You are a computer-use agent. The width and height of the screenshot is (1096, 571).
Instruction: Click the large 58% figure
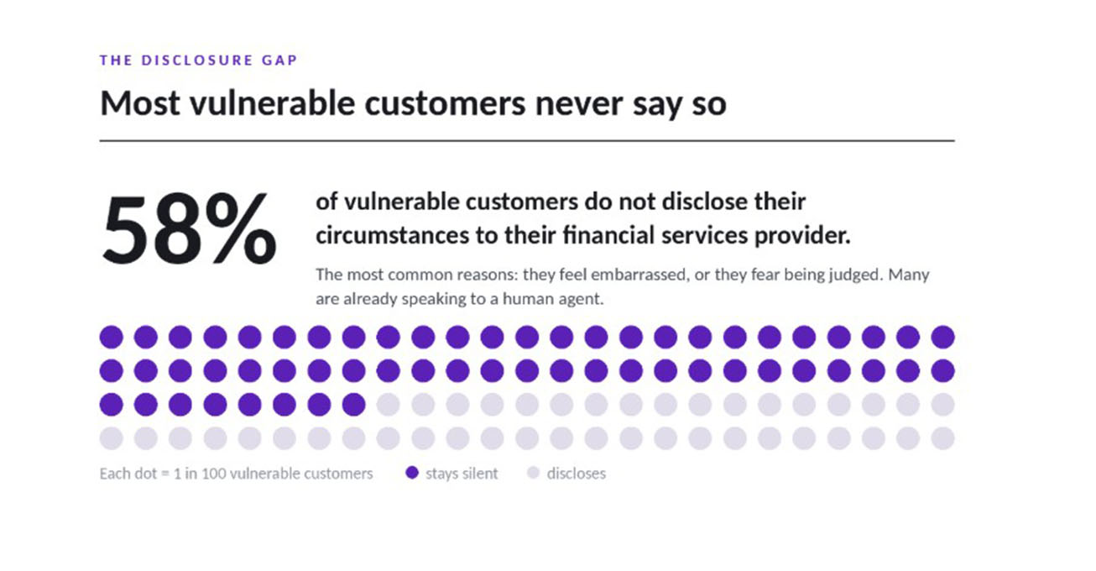pyautogui.click(x=189, y=228)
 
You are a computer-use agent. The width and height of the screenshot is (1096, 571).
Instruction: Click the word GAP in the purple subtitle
pyautogui.click(x=279, y=60)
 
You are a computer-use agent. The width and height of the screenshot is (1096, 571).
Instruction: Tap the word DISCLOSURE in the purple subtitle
pyautogui.click(x=197, y=60)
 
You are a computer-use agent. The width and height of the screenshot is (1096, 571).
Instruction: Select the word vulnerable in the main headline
pyautogui.click(x=272, y=104)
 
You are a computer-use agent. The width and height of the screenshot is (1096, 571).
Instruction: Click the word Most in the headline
pyautogui.click(x=140, y=104)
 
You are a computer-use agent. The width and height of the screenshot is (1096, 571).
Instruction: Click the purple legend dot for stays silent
pyautogui.click(x=412, y=473)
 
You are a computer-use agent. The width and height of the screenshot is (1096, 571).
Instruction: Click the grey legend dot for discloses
pyautogui.click(x=533, y=473)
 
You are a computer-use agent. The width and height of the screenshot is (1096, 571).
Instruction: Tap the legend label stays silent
pyautogui.click(x=462, y=474)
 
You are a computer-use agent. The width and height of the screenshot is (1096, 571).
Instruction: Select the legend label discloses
pyautogui.click(x=576, y=474)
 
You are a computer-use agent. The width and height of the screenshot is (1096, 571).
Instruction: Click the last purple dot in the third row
pyautogui.click(x=354, y=405)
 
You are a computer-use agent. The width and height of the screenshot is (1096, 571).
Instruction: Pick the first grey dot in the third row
pyautogui.click(x=388, y=405)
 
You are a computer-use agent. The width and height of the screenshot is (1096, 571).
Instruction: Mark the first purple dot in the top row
pyautogui.click(x=111, y=337)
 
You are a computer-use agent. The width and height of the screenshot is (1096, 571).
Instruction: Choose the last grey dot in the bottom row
pyautogui.click(x=943, y=438)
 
